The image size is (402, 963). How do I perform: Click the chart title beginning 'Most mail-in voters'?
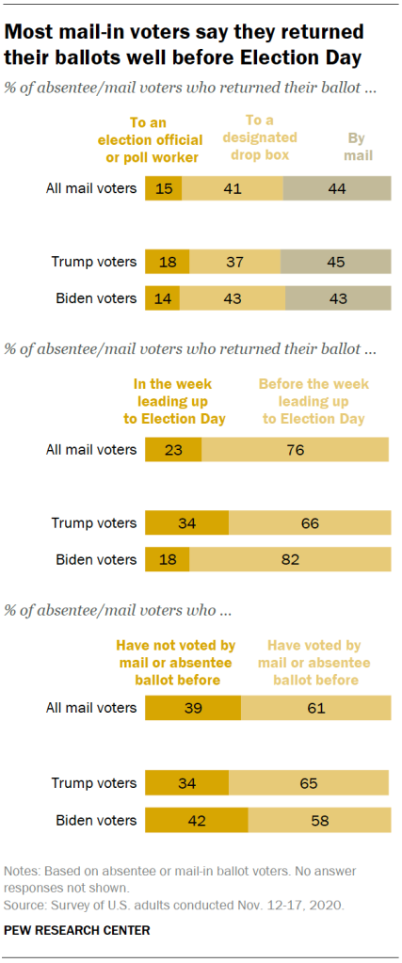[185, 45]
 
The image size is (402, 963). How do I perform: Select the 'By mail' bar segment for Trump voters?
[335, 262]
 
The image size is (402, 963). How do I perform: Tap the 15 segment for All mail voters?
[164, 188]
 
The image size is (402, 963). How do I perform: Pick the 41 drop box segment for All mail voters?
[233, 188]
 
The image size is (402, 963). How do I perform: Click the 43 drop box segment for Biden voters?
[233, 298]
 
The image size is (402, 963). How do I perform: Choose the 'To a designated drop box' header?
[263, 136]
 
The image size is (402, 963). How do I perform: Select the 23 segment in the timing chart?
[173, 449]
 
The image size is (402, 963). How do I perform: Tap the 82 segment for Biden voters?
[290, 559]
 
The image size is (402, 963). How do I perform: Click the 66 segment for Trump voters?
[309, 523]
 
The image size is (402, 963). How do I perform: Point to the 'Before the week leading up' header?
[314, 401]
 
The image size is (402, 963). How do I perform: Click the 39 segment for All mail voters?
[193, 708]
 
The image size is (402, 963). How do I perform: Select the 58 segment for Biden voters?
[319, 818]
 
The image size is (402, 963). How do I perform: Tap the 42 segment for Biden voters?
[197, 818]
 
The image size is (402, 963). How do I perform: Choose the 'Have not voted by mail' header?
[175, 662]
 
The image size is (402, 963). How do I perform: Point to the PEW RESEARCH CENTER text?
[77, 930]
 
